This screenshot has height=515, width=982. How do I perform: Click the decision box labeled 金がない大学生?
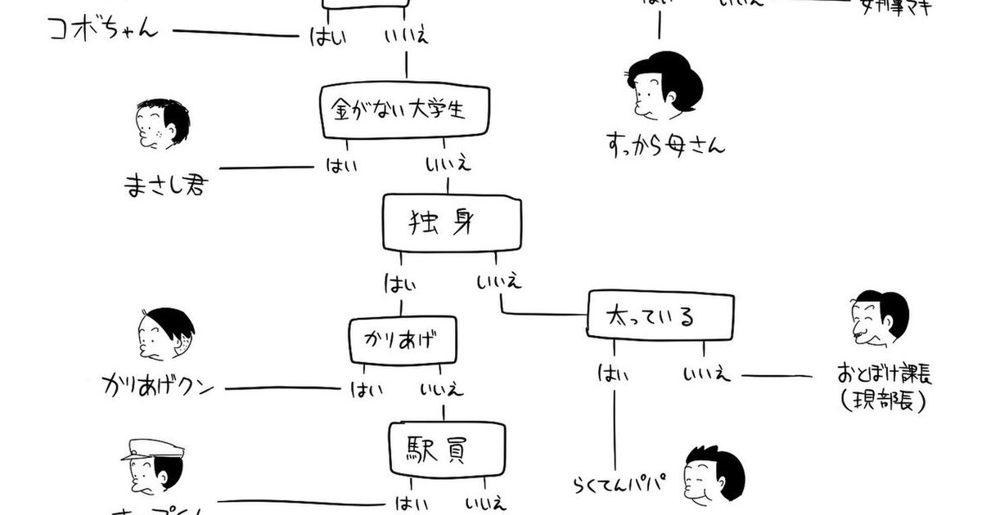point(405,108)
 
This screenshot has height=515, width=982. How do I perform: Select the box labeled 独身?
point(453,222)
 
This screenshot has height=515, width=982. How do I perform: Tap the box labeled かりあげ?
point(401,338)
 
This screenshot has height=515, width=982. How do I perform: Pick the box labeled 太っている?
point(660,316)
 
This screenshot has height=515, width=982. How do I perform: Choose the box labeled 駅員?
point(446,448)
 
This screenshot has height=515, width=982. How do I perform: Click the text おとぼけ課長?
point(885,375)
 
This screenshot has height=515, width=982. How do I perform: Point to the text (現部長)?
point(883,401)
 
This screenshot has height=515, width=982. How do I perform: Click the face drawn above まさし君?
point(162,124)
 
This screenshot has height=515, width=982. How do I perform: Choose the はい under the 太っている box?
point(613,374)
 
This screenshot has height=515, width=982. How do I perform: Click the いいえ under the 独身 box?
point(498,284)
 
